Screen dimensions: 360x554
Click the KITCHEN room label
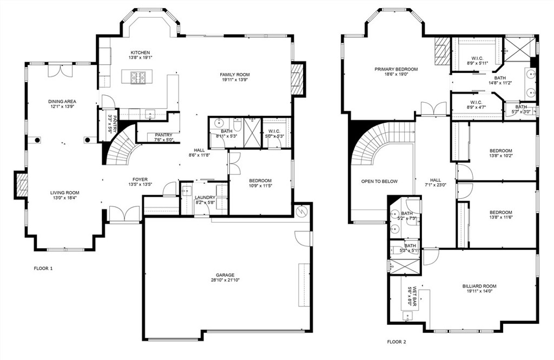pyautogui.click(x=132, y=52)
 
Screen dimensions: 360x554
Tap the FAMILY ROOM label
pyautogui.click(x=235, y=75)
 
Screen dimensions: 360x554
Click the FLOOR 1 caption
pyautogui.click(x=43, y=268)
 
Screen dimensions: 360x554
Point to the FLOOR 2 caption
pyautogui.click(x=396, y=342)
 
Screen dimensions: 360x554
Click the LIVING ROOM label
pyautogui.click(x=65, y=193)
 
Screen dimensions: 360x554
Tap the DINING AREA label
pyautogui.click(x=62, y=102)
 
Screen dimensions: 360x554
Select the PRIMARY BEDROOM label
pyautogui.click(x=396, y=69)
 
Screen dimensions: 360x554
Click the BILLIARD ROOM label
pyautogui.click(x=479, y=286)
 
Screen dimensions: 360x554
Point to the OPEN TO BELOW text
pyautogui.click(x=379, y=182)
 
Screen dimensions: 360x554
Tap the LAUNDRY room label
pyautogui.click(x=205, y=197)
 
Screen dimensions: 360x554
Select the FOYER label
pyautogui.click(x=140, y=179)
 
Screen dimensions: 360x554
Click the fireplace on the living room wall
pyautogui.click(x=21, y=185)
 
